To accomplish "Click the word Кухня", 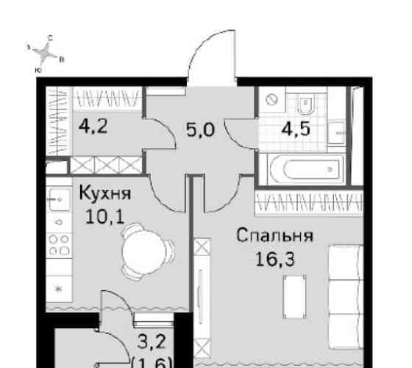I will [x=104, y=196].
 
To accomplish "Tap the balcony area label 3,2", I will [x=152, y=341].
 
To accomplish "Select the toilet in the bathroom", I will [x=307, y=103].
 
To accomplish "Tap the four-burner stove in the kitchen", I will [x=57, y=244].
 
